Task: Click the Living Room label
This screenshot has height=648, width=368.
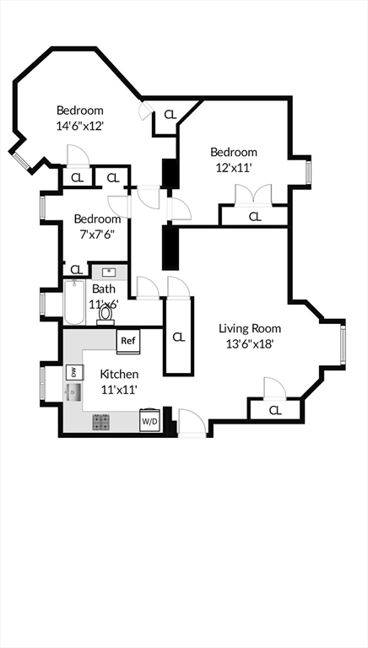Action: point(250,328)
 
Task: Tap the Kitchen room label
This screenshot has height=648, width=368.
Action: point(119,374)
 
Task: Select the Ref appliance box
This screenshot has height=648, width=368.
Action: point(128,341)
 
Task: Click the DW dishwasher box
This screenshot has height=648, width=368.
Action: point(73,371)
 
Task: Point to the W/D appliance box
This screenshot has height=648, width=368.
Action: point(149,419)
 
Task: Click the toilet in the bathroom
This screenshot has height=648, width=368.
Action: point(106,314)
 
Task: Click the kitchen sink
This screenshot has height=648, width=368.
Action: point(72,392)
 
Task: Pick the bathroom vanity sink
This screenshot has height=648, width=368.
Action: point(108,273)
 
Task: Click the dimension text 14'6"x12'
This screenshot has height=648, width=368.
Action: point(79,126)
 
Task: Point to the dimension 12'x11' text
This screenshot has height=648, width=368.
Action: point(233,167)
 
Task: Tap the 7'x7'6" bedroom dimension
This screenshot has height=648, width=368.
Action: point(97,235)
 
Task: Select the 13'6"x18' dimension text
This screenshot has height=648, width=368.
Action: point(250,343)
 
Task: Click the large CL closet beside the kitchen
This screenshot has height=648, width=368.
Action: point(178,337)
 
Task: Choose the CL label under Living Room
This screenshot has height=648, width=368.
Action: point(275,410)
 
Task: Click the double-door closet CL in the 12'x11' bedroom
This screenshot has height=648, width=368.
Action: point(254,216)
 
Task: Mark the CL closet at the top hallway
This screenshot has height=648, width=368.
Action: point(169,115)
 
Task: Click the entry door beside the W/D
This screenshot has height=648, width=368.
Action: point(190,421)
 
